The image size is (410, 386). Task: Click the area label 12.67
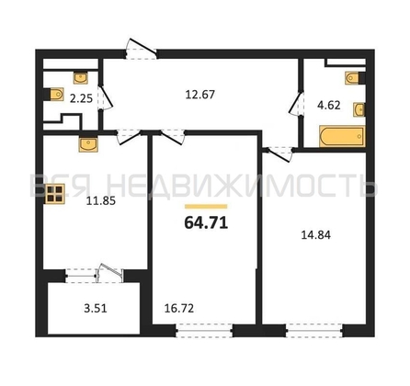point(200,95)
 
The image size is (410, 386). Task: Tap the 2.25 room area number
point(81,98)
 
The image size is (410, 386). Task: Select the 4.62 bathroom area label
point(329,106)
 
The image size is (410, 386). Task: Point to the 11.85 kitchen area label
point(101,201)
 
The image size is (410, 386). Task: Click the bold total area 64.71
point(206,222)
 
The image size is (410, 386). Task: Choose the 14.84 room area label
point(316,235)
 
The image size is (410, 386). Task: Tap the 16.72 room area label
point(179,309)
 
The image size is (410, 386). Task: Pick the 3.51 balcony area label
point(96,309)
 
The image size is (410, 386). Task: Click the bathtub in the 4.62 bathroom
point(342,136)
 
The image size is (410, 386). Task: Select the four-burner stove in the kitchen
point(54,194)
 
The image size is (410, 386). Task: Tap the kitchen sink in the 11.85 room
point(88,144)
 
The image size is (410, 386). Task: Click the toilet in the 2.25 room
point(55,94)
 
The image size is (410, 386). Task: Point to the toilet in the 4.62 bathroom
point(355,78)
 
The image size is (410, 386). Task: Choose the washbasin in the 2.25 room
point(81,77)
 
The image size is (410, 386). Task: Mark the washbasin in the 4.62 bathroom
point(359,109)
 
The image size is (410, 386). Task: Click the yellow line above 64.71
point(206,207)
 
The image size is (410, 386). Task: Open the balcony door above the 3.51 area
point(110,273)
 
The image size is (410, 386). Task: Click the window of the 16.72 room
point(204,332)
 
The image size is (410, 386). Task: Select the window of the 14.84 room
point(314,332)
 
